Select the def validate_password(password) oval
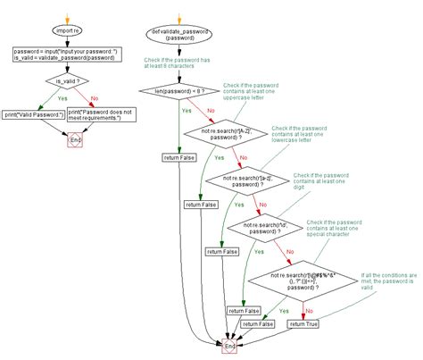[182, 35]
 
